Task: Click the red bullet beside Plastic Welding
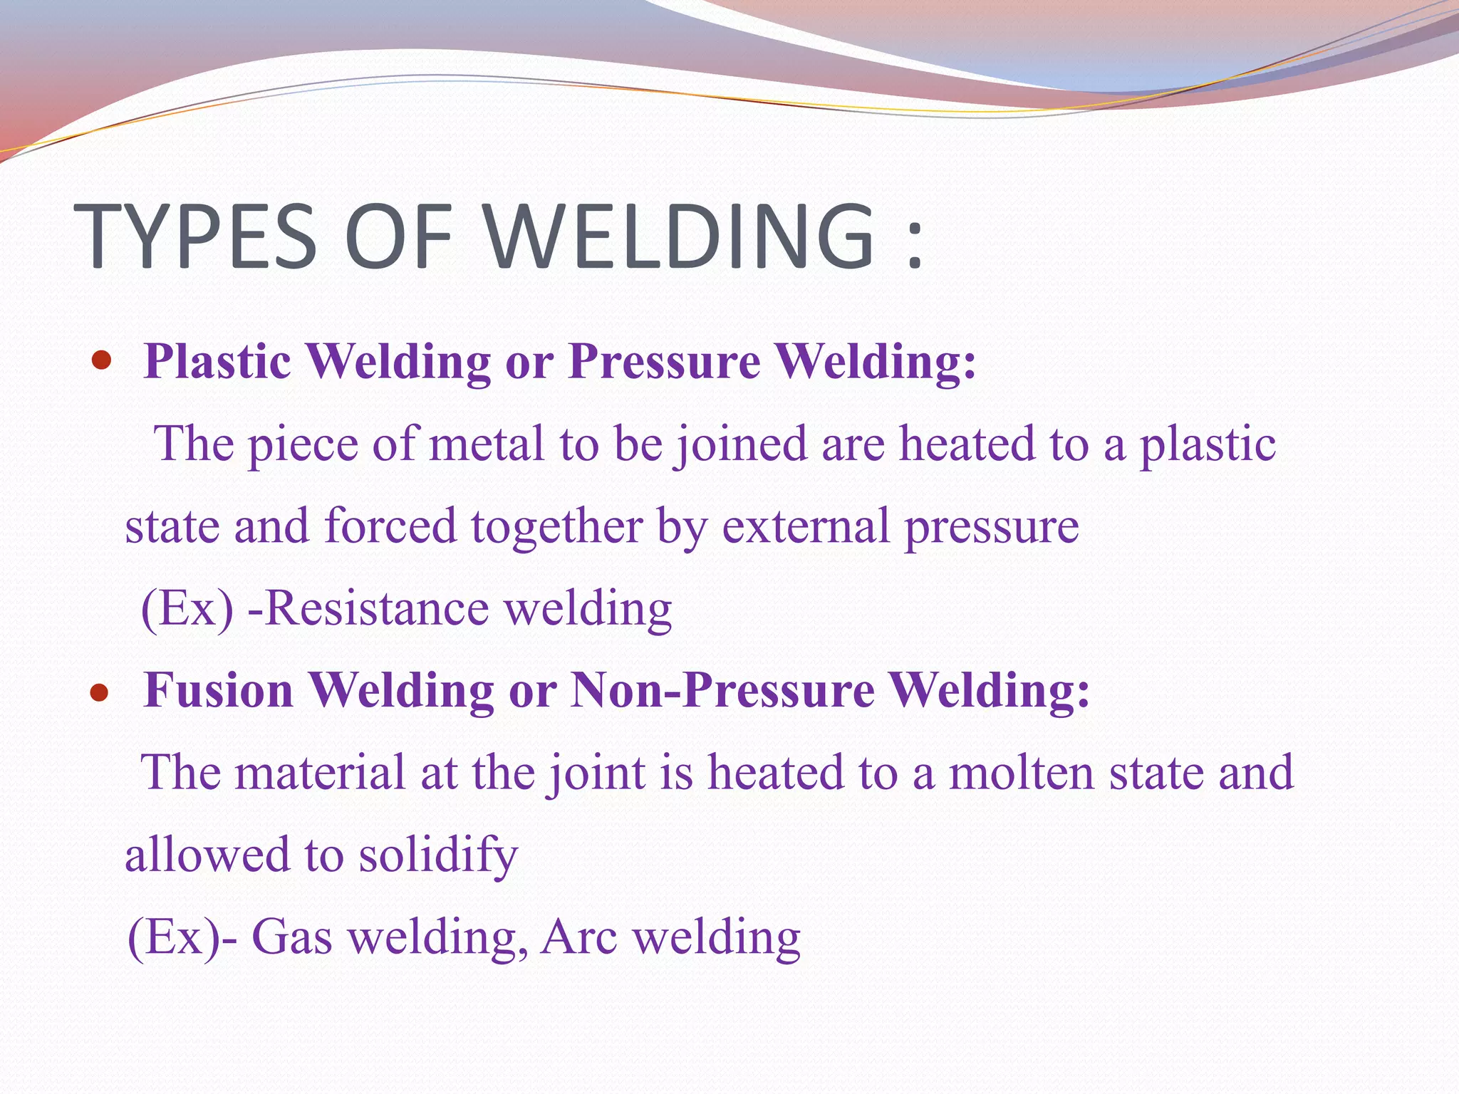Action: pos(103,361)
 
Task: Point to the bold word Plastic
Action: pos(217,361)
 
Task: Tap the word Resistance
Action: pos(377,608)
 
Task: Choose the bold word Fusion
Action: pos(219,690)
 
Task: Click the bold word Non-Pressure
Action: pos(722,690)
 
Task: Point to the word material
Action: pos(320,773)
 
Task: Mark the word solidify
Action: pos(438,855)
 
